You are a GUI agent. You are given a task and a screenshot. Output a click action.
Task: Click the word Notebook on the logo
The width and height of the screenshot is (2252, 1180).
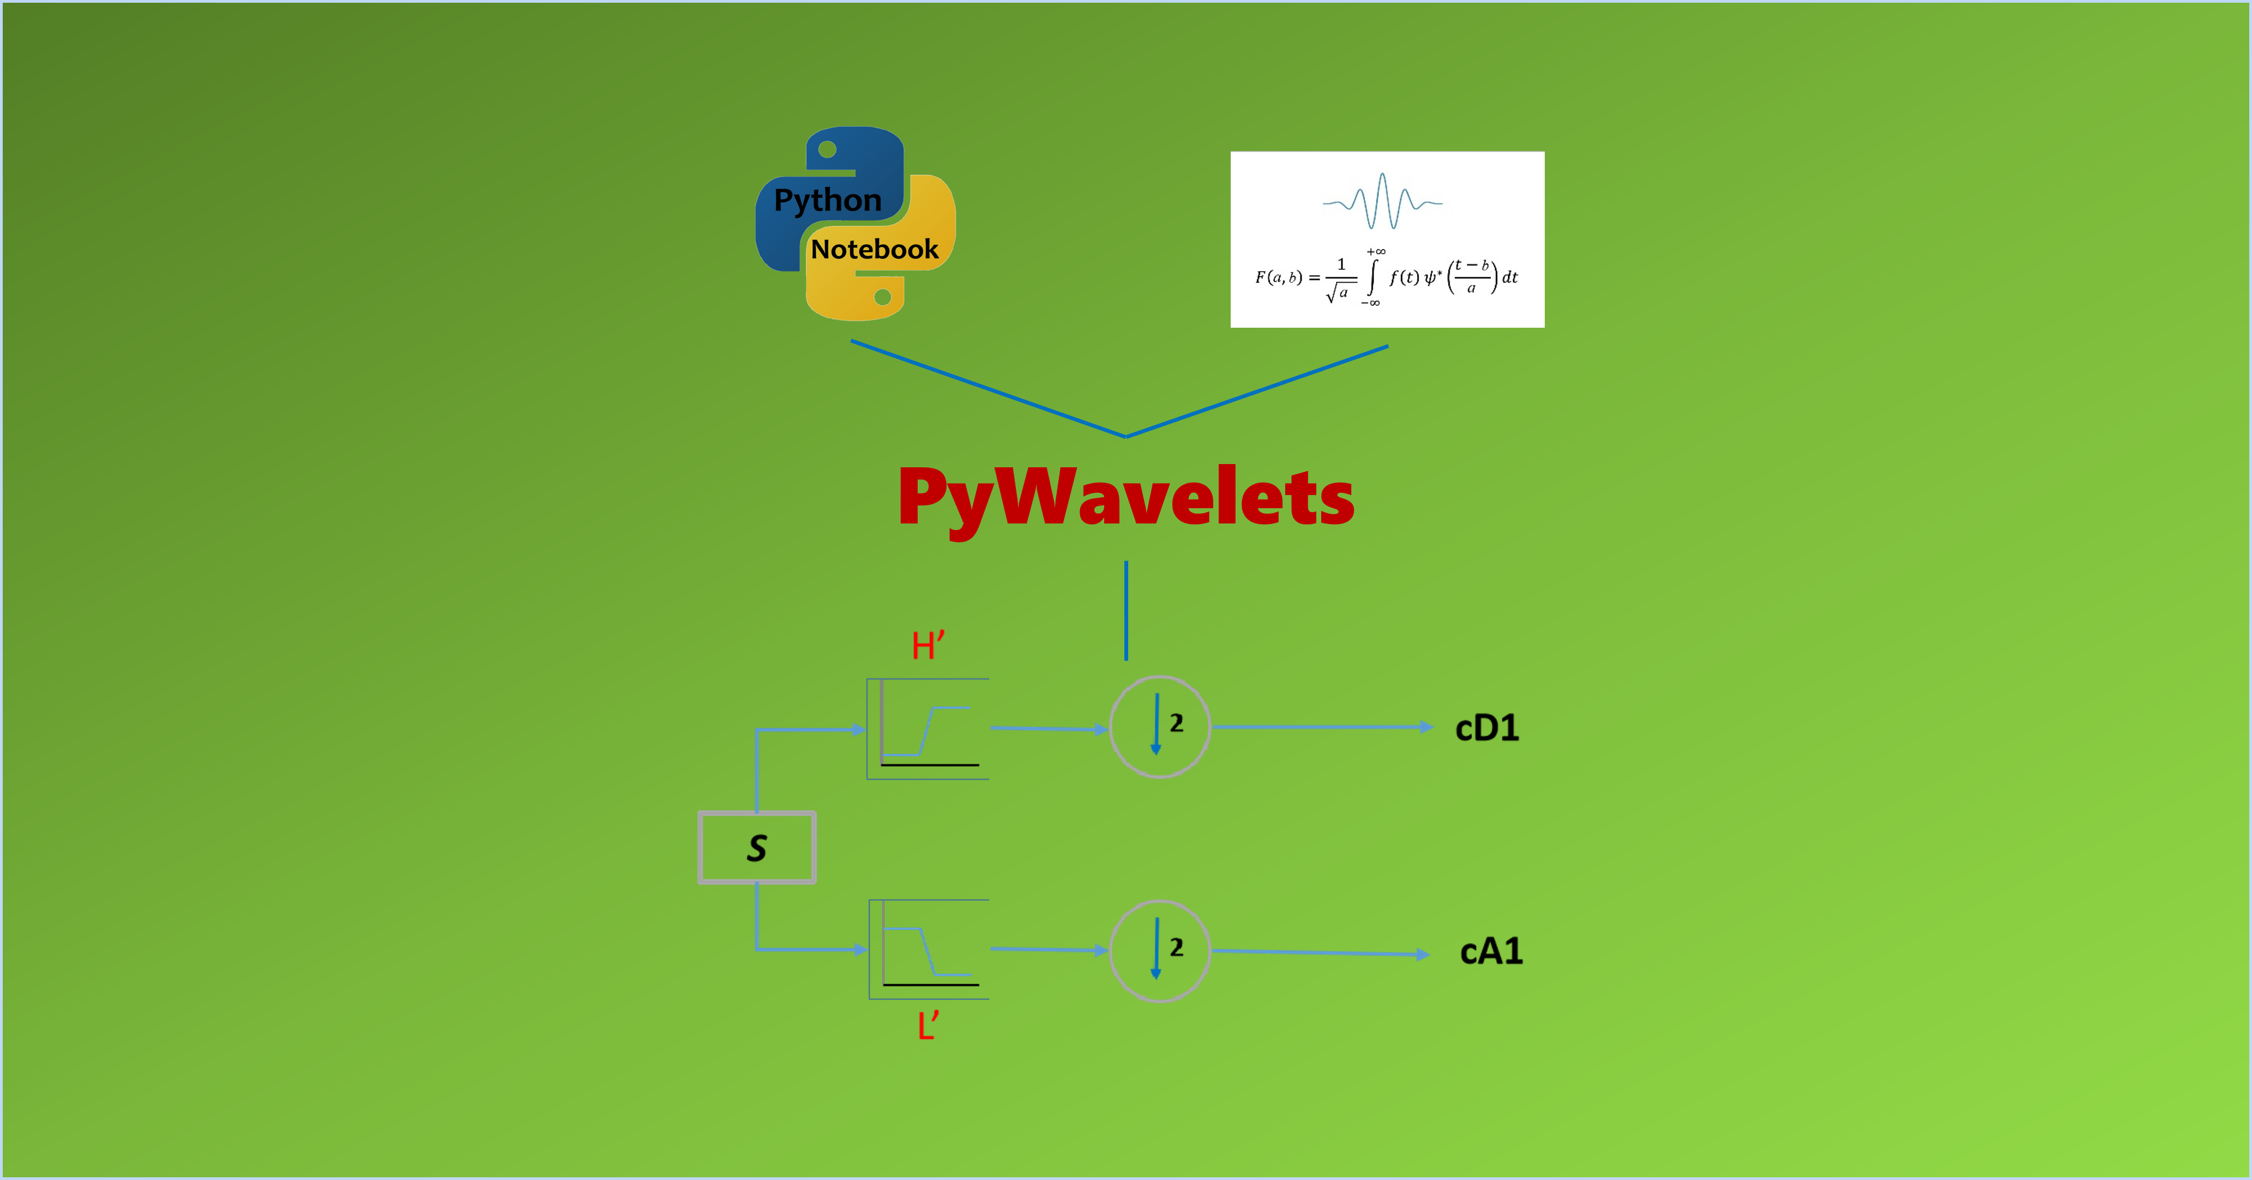[x=874, y=250]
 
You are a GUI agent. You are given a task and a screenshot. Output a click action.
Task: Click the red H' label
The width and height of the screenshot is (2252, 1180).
[x=928, y=647]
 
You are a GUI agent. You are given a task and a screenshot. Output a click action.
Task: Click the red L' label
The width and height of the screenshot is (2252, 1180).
[x=928, y=1025]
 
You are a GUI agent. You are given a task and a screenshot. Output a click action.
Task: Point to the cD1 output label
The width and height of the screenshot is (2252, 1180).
[x=1487, y=728]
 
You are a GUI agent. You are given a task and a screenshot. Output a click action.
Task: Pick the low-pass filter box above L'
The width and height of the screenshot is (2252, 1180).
[x=929, y=949]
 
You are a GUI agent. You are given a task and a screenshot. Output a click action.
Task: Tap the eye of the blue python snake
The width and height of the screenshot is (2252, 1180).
[x=827, y=149]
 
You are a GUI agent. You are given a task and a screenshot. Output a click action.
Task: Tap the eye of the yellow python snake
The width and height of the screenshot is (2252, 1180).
[x=883, y=297]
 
